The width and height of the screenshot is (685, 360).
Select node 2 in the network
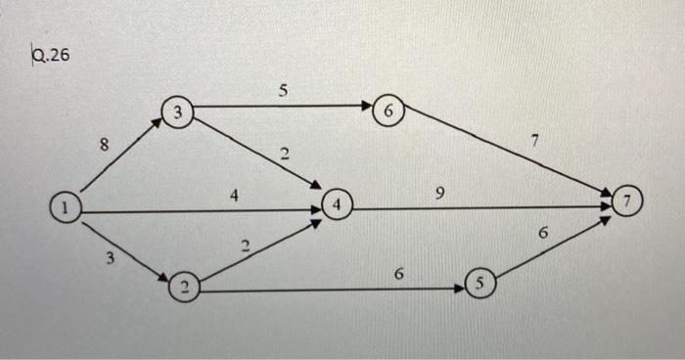(x=183, y=288)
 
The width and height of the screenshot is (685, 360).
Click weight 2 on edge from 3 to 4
(x=285, y=154)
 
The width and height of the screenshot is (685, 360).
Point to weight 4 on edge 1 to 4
(x=233, y=195)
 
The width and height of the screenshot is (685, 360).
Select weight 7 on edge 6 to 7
(x=534, y=142)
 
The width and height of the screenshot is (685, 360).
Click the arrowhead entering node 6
(x=369, y=107)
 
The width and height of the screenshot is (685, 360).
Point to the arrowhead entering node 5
(x=459, y=288)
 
